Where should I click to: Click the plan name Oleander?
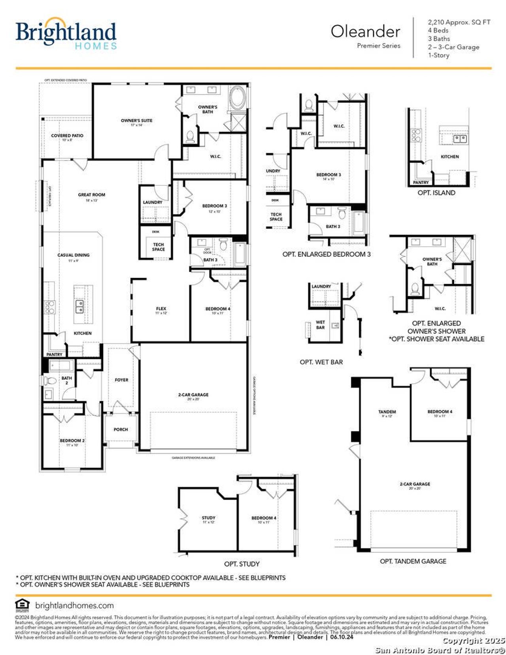tap(365, 32)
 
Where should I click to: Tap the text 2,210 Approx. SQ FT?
tap(459, 22)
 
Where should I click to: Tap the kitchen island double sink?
tap(79, 305)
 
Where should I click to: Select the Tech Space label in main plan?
tap(158, 247)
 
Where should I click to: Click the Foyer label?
tap(121, 380)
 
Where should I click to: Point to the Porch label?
tap(121, 429)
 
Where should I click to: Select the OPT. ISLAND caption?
tap(436, 193)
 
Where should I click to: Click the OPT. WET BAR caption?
tap(321, 362)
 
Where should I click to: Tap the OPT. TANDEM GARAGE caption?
tap(413, 561)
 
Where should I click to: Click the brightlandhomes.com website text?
tap(74, 606)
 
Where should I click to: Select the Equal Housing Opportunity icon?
tap(22, 605)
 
